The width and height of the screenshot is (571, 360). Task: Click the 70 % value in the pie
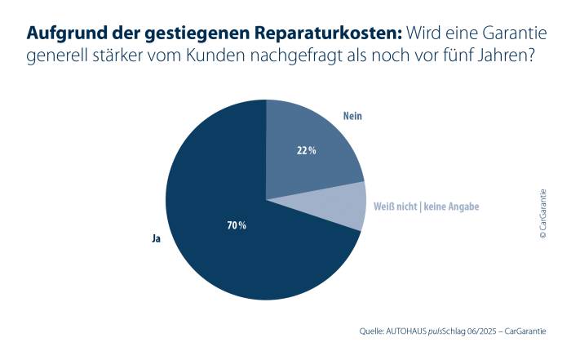tap(237, 224)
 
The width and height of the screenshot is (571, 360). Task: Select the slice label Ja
tap(155, 241)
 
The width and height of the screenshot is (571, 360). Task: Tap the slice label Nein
tap(352, 117)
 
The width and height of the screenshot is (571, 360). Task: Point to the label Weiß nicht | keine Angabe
tap(425, 207)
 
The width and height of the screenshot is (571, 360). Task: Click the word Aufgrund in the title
tap(62, 33)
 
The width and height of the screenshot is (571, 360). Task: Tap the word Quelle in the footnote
tap(373, 331)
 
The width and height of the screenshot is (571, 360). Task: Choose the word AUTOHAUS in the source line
tap(418, 331)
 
